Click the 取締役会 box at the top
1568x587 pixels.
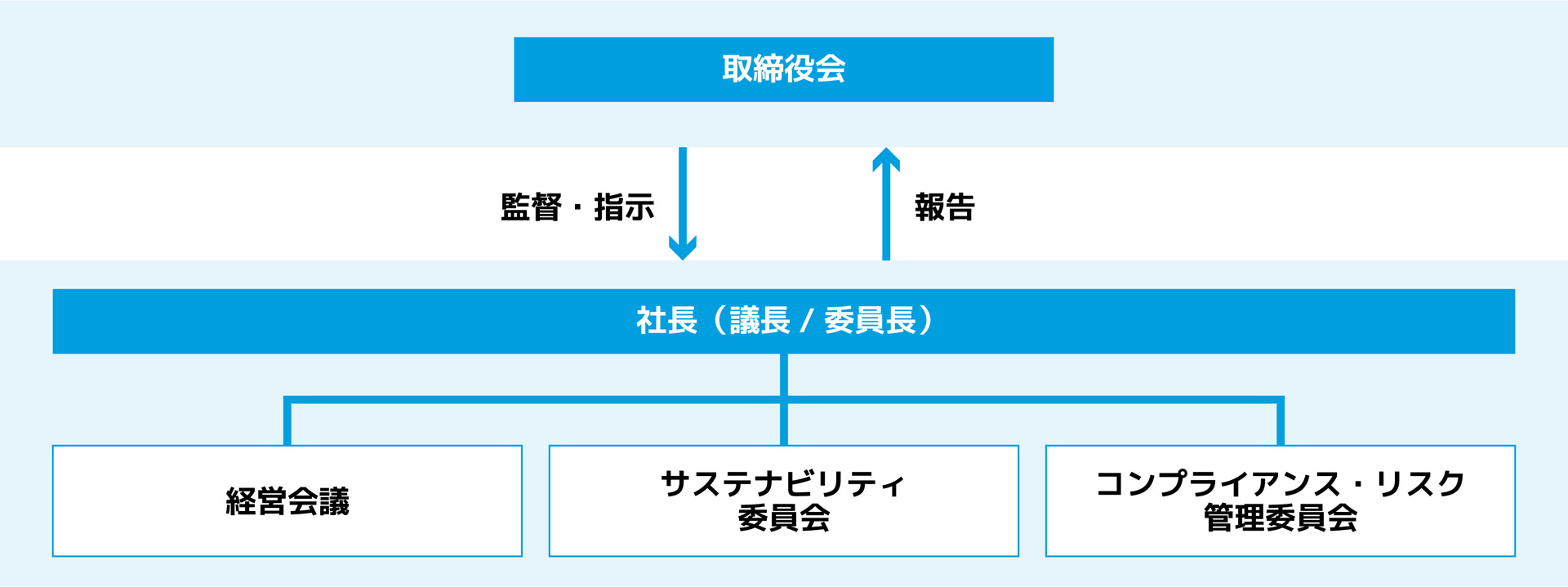point(783,69)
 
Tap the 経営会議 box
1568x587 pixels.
point(287,500)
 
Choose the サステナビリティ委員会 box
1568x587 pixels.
point(783,500)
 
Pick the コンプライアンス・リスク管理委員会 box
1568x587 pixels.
point(1280,500)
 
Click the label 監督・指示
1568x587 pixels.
point(577,207)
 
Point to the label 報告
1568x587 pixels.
point(945,207)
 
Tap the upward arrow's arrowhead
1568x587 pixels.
point(886,158)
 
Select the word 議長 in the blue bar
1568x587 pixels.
point(760,321)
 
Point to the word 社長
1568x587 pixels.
point(666,321)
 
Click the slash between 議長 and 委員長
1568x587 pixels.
point(807,321)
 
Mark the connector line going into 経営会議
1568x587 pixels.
point(287,423)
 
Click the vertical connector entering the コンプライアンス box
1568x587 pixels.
point(1280,423)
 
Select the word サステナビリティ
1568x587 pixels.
point(782,484)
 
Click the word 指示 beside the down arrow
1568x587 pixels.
point(624,207)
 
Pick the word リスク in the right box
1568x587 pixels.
point(1420,484)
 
